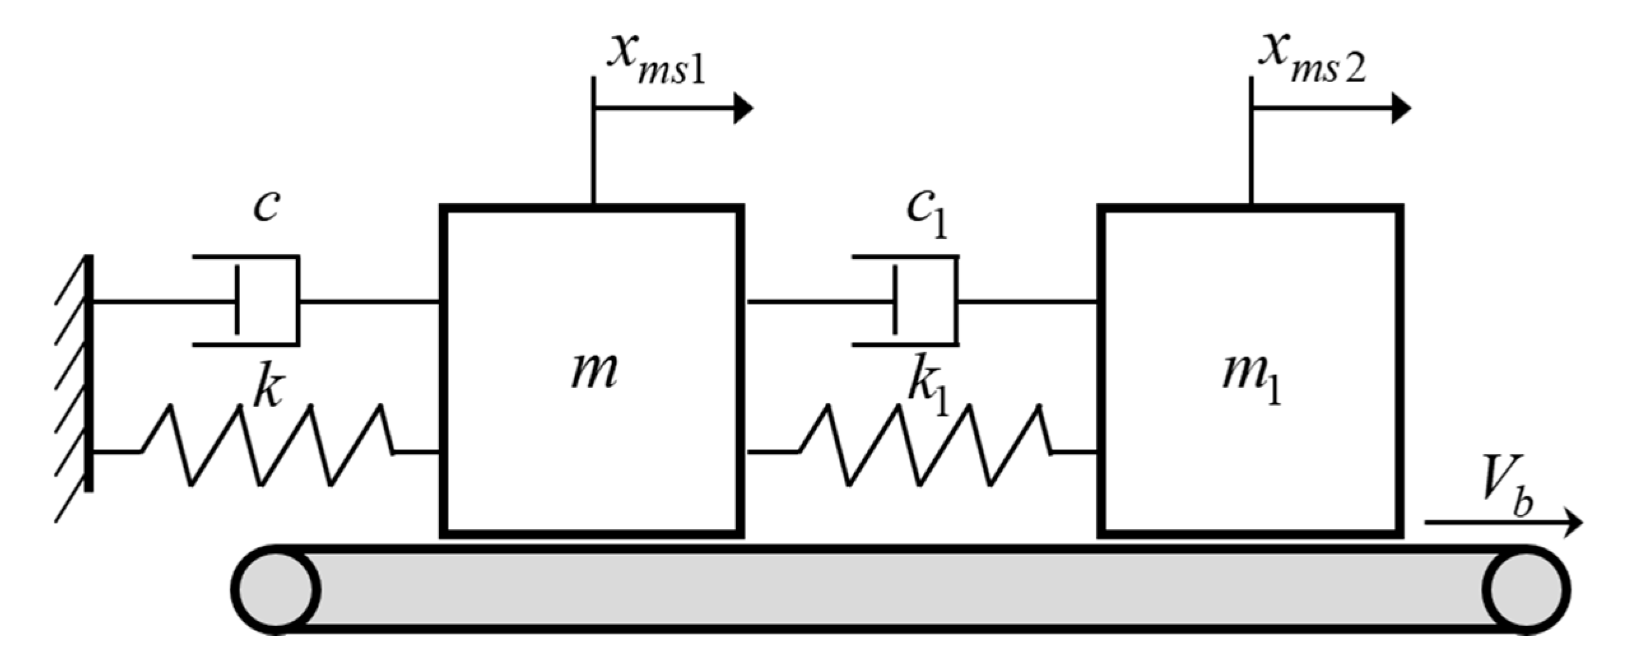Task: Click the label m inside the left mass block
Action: (x=594, y=371)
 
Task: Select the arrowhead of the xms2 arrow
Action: (x=1400, y=108)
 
